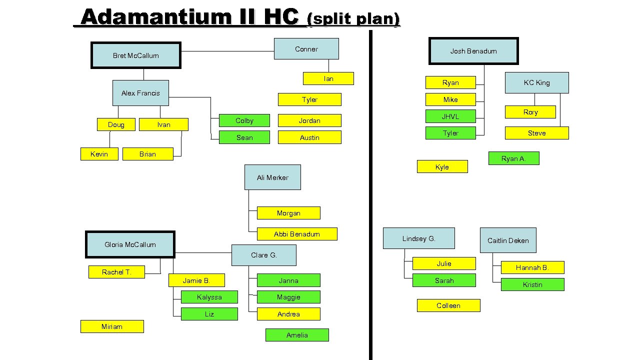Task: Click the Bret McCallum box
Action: pos(135,55)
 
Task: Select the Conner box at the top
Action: pos(306,49)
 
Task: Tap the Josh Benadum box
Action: pos(473,51)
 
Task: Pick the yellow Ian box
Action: pos(328,78)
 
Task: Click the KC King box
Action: pos(536,82)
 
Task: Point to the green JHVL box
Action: pos(450,116)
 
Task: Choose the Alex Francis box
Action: pos(140,93)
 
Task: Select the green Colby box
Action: pos(244,120)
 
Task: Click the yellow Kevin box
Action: pos(99,154)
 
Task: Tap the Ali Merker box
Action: pos(272,177)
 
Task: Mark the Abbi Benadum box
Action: pos(297,234)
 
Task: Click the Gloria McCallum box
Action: pos(130,244)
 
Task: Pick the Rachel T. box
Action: pos(116,272)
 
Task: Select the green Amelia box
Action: pos(297,335)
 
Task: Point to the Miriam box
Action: pos(112,326)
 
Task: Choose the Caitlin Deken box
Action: pos(508,240)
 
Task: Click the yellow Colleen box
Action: pos(448,305)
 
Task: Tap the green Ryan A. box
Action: pos(513,158)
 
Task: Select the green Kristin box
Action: pos(532,284)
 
